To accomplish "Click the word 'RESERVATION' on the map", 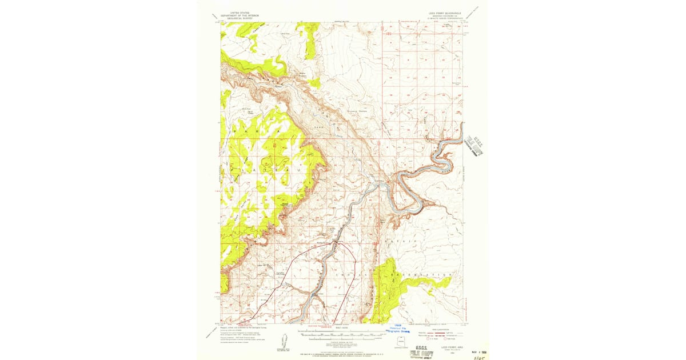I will click(x=420, y=275).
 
